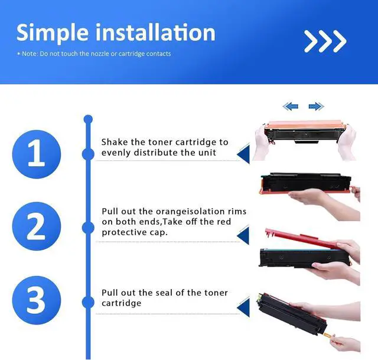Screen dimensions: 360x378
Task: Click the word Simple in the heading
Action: [x=53, y=33]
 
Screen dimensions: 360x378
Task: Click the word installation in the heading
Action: [x=155, y=33]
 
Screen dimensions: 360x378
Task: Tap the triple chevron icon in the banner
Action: [x=324, y=41]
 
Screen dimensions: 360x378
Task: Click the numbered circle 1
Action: [x=37, y=153]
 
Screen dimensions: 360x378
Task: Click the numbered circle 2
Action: [x=37, y=226]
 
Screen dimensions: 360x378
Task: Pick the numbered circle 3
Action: [x=37, y=300]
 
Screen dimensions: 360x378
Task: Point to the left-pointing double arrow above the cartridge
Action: [x=290, y=106]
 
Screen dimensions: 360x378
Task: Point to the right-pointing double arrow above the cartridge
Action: [x=317, y=106]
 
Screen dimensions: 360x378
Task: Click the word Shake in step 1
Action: [x=114, y=142]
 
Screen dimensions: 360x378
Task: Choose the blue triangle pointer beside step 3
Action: [x=242, y=306]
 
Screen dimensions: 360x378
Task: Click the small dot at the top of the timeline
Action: [x=89, y=119]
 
